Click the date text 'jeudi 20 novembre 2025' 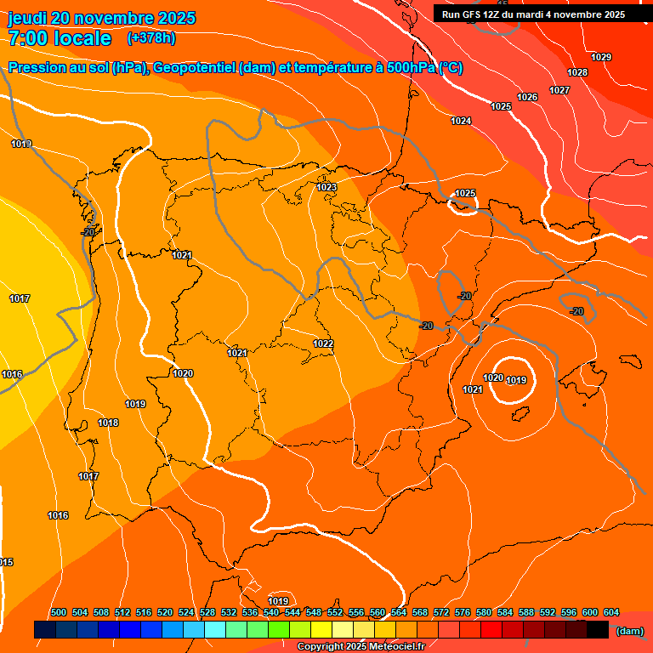coord(101,18)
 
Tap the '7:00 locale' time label coord(60,38)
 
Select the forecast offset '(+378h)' coord(152,38)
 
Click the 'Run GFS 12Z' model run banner coord(533,14)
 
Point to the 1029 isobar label coord(601,57)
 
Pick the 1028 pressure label coord(577,72)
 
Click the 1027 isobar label coord(559,90)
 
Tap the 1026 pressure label coord(527,97)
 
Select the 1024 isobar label coord(461,121)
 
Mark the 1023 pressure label coord(326,187)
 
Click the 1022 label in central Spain coord(322,344)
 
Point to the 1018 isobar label coord(108,423)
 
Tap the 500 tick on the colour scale coord(59,612)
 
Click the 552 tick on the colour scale coord(335,612)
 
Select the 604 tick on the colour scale coord(611,612)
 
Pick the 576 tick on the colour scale coord(463,612)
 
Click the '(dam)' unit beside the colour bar coord(629,630)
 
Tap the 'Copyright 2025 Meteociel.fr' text coord(361,647)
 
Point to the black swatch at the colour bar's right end coord(598,630)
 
